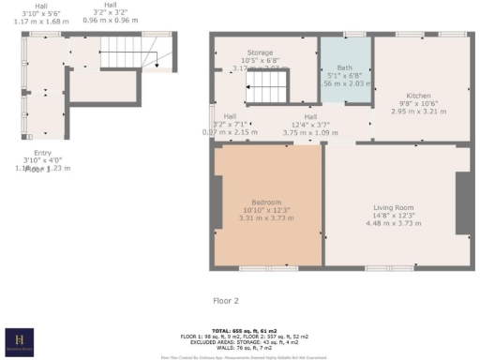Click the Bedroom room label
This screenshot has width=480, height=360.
[267, 202]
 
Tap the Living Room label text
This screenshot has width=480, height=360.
[394, 208]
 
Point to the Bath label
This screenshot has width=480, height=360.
[344, 68]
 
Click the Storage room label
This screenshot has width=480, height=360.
[260, 52]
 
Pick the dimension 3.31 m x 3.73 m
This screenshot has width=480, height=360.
[267, 217]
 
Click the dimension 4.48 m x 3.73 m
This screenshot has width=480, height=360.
[394, 223]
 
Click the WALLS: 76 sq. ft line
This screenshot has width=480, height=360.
[239, 348]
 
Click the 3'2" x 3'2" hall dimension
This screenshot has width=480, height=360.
[112, 12]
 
